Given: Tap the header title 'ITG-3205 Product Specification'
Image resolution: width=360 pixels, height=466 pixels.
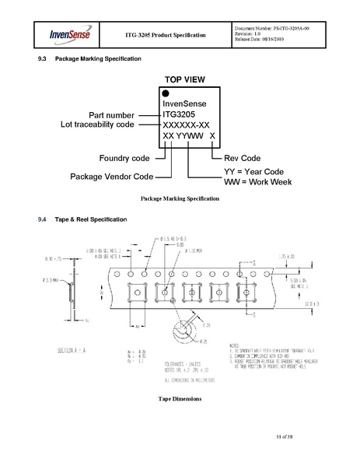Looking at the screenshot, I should [x=166, y=35].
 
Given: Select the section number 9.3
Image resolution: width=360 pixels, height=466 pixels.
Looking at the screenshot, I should [x=43, y=59].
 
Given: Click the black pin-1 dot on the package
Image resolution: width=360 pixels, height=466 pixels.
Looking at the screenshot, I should [x=166, y=93].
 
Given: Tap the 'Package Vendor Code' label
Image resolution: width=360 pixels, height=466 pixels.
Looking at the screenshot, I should [x=111, y=176].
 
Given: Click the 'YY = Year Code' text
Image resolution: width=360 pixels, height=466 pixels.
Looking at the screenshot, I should [x=257, y=170].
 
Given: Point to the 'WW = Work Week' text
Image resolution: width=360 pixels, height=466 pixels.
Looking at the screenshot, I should [x=257, y=181].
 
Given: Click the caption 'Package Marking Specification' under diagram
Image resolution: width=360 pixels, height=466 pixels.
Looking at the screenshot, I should [x=180, y=199].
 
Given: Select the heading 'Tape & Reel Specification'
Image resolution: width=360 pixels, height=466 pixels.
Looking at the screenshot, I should [x=86, y=220].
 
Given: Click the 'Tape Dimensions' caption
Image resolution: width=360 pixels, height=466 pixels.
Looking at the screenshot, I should [x=180, y=398].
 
